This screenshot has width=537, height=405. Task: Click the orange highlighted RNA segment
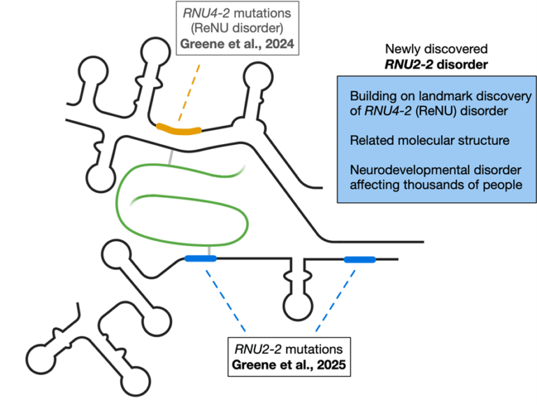click(178, 129)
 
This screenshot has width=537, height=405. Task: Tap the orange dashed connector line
click(192, 92)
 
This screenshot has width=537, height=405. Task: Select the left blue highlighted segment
click(200, 259)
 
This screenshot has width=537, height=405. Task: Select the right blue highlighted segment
click(359, 260)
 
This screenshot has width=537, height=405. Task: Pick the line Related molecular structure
click(429, 141)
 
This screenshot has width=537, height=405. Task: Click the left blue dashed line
click(227, 301)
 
